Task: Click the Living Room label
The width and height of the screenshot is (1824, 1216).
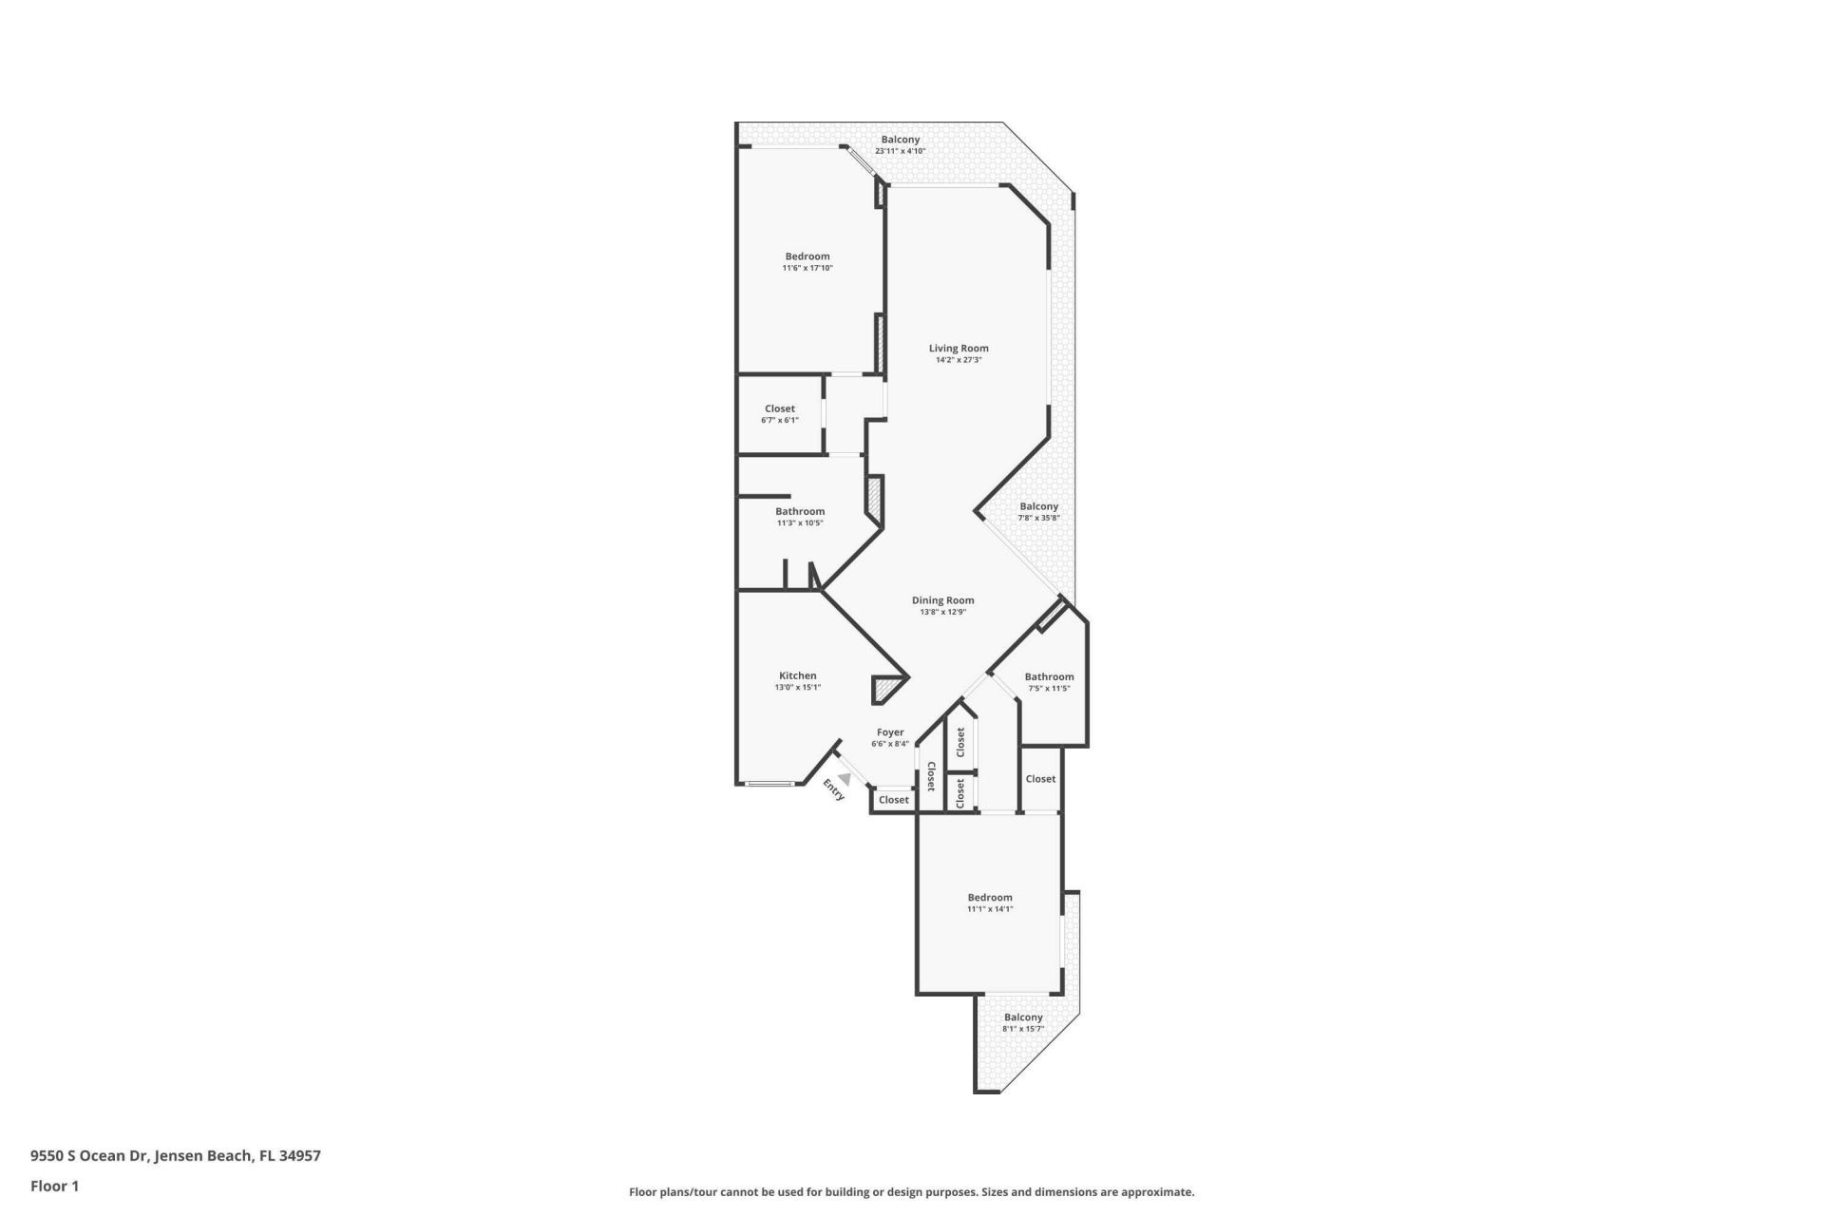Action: coord(959,349)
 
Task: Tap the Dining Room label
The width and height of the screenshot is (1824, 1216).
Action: coord(942,600)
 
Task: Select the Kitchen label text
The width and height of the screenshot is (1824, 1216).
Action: coord(797,676)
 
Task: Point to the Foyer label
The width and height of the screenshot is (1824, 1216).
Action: coord(890,732)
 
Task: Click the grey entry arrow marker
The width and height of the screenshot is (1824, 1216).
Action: coord(844,778)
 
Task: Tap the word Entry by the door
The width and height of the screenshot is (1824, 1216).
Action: coord(833,790)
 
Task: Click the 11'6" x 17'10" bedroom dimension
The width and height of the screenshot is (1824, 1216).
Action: coord(807,269)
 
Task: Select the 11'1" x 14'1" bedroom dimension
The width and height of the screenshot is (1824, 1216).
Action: coord(990,909)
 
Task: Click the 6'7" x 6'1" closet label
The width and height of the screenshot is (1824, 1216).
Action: coord(779,420)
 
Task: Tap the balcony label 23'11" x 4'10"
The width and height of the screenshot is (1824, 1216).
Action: coord(900,151)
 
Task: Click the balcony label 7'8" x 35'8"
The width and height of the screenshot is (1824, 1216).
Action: coord(1038,518)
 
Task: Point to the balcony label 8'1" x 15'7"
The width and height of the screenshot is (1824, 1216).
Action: coord(1023,1029)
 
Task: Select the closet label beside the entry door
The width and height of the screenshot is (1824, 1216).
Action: coord(893,800)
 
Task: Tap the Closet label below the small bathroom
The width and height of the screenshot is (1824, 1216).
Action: coord(1040,779)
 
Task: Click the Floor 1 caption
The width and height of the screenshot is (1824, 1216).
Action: coord(54,1186)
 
